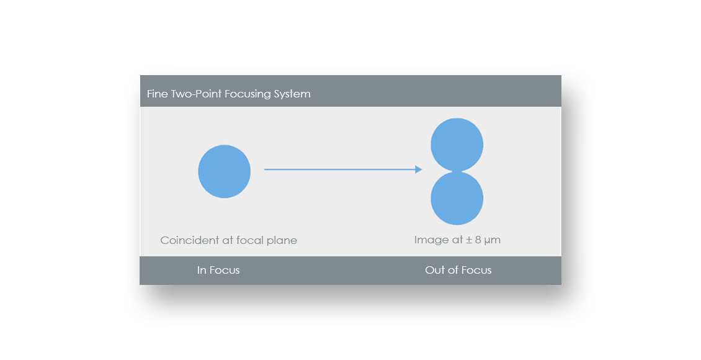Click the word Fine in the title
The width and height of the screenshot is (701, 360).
click(158, 94)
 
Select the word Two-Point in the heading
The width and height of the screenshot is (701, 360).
click(196, 94)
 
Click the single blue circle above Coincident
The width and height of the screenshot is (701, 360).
click(225, 171)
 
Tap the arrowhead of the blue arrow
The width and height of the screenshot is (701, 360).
click(419, 169)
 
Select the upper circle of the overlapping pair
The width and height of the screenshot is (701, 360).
click(457, 145)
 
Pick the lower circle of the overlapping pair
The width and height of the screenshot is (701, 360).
click(457, 199)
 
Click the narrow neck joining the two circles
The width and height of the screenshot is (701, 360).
click(457, 172)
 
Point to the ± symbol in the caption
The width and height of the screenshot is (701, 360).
click(469, 240)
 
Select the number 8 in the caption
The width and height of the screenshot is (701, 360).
click(478, 240)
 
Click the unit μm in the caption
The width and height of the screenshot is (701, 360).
click(492, 241)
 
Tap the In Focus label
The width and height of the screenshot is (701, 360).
click(218, 270)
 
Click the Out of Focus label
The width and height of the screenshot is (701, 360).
click(458, 270)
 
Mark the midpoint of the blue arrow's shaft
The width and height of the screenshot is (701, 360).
click(340, 169)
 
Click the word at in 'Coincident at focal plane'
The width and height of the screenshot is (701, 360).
click(228, 241)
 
